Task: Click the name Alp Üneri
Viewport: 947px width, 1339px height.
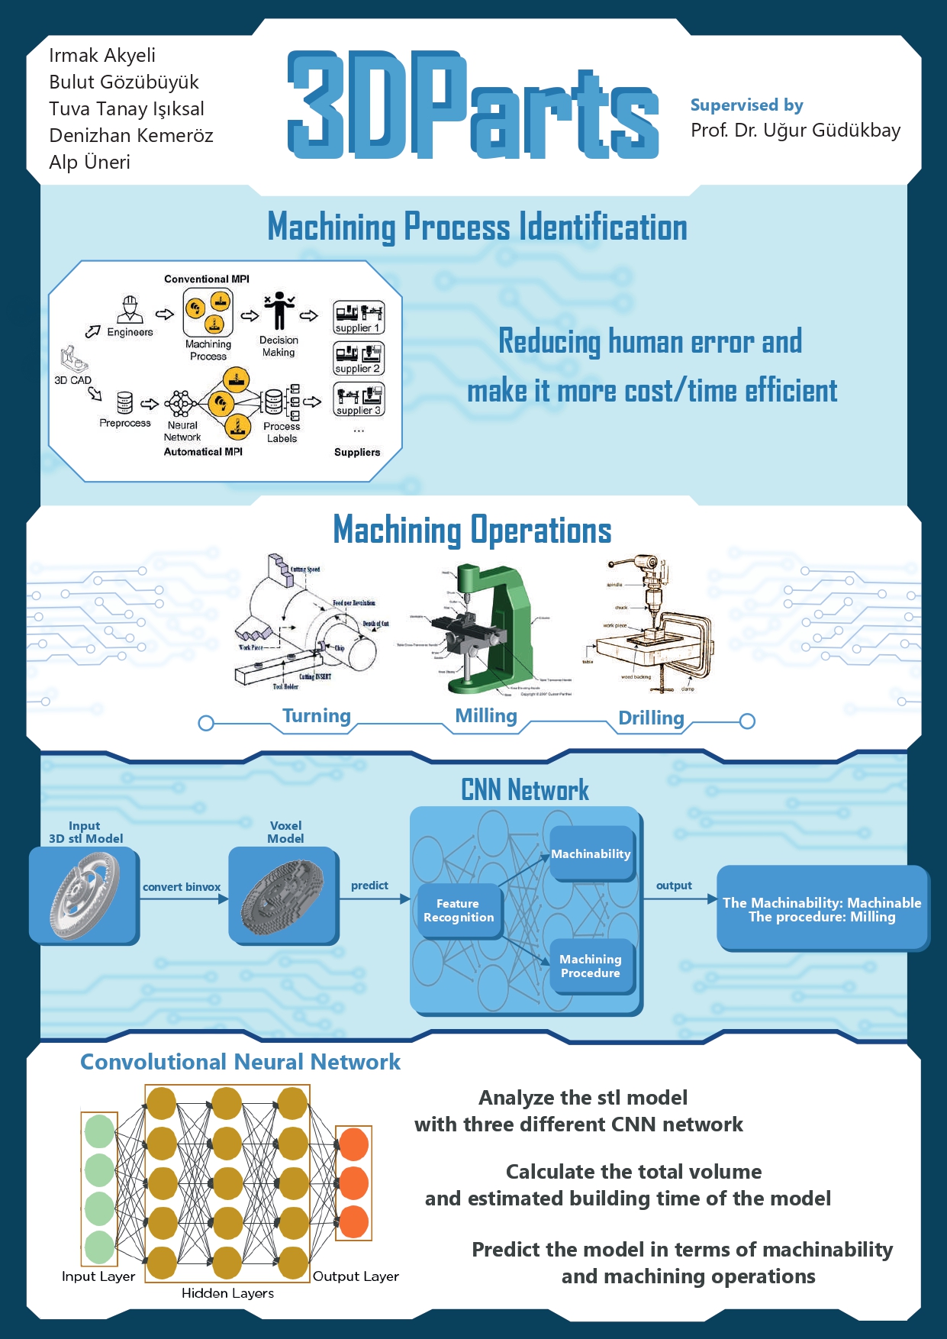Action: [x=89, y=162]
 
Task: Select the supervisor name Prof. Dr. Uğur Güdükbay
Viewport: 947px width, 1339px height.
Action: [x=795, y=130]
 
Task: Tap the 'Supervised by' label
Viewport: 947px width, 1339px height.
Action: [x=746, y=105]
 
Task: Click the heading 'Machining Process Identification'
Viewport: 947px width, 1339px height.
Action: [x=477, y=227]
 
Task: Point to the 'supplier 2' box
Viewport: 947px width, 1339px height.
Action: [x=358, y=358]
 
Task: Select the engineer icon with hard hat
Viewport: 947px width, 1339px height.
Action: [x=130, y=310]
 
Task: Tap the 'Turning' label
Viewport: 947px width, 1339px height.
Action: [x=316, y=715]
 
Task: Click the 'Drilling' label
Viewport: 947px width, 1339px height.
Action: [x=651, y=718]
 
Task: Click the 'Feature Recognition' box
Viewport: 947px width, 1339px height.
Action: [x=459, y=910]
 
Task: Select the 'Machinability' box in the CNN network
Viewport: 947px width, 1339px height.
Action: [x=591, y=853]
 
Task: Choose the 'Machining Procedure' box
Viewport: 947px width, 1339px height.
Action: [x=591, y=966]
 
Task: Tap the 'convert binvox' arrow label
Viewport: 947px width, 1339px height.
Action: [x=182, y=886]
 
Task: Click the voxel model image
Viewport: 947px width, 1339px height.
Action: [x=283, y=896]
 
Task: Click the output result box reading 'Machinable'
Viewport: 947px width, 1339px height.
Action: [x=822, y=908]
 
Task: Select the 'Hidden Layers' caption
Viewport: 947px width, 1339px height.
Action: [x=227, y=1292]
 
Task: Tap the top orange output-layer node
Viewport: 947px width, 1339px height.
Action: [x=353, y=1144]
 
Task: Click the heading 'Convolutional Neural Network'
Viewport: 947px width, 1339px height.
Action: [x=240, y=1062]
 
